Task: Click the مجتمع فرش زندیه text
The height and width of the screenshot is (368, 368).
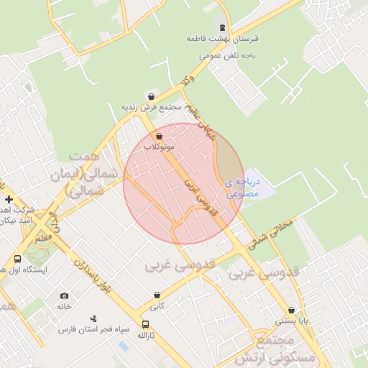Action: (x=150, y=107)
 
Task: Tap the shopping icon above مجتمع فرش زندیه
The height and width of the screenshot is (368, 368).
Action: (x=150, y=96)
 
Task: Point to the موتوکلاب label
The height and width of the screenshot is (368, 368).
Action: (x=159, y=146)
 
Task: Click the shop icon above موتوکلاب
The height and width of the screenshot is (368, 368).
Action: (x=159, y=135)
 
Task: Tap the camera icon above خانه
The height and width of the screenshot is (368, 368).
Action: (x=65, y=295)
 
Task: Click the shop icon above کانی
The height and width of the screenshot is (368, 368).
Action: (x=157, y=295)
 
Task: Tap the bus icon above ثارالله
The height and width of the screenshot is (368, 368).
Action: (x=147, y=324)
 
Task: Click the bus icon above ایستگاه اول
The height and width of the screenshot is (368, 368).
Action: (x=18, y=259)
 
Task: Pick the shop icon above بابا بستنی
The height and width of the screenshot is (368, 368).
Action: (x=291, y=310)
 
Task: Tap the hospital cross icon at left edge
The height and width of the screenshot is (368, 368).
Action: (x=9, y=198)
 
